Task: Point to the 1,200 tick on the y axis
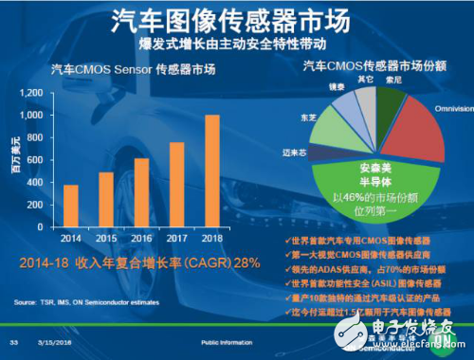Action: (x=31, y=93)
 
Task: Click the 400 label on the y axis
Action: (x=37, y=184)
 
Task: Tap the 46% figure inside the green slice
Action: (x=354, y=198)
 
